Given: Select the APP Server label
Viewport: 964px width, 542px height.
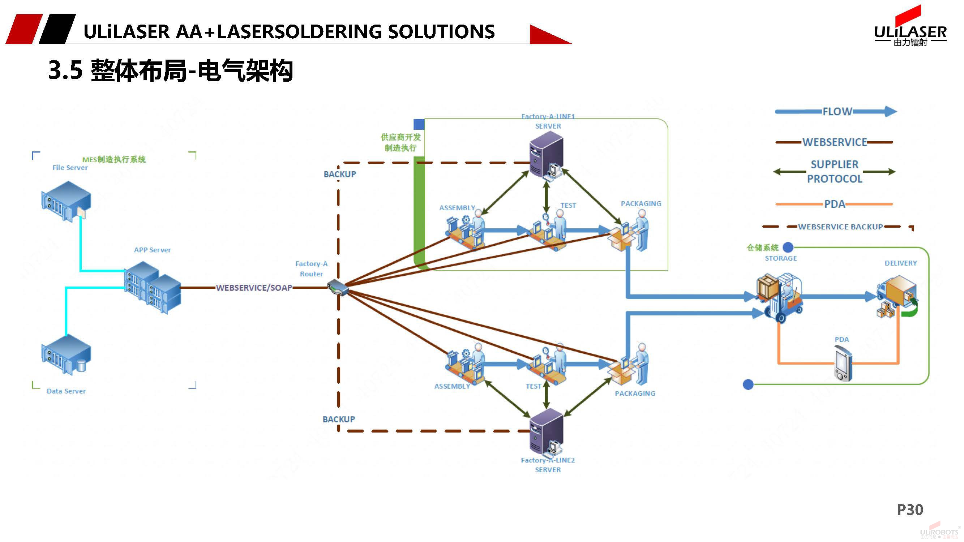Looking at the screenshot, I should coord(152,250).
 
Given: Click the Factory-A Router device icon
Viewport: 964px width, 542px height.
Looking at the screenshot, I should coord(338,288).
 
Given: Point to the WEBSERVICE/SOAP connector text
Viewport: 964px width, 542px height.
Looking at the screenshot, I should coord(254,288).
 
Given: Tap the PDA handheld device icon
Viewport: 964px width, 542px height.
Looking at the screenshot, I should coord(843,362).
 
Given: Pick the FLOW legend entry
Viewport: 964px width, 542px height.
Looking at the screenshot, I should coord(837,111).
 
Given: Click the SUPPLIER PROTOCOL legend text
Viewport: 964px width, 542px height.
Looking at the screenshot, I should coord(835,172).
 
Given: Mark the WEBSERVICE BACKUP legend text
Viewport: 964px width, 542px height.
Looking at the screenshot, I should coord(840,227).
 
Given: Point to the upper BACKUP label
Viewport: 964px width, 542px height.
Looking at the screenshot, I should coord(340,174).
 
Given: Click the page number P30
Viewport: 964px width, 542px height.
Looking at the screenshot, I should coord(910,509).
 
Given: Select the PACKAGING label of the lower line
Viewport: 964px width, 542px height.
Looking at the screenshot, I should coord(635,393).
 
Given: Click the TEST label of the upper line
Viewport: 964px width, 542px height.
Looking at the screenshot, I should coord(568,205).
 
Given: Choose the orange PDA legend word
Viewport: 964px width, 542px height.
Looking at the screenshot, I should coord(835,204).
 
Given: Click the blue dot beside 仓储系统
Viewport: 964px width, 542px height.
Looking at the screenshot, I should coord(788,247).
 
